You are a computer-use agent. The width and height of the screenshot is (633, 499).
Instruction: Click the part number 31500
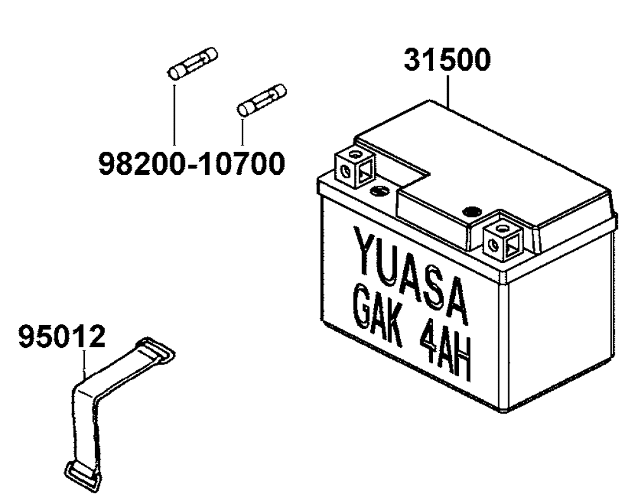tap(448, 59)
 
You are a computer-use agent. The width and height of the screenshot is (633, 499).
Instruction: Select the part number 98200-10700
tap(192, 163)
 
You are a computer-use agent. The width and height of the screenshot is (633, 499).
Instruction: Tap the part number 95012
tap(62, 337)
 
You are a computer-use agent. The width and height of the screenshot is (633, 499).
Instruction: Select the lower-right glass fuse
tap(262, 100)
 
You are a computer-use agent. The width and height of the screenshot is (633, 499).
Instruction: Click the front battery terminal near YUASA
tap(503, 237)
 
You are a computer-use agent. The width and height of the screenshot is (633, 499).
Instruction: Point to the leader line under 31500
tap(448, 90)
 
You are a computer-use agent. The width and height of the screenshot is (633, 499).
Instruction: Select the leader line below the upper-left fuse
tap(175, 114)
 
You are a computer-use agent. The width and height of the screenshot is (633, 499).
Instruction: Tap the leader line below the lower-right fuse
tap(242, 132)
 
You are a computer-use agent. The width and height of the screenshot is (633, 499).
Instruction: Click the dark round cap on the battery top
tap(473, 211)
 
